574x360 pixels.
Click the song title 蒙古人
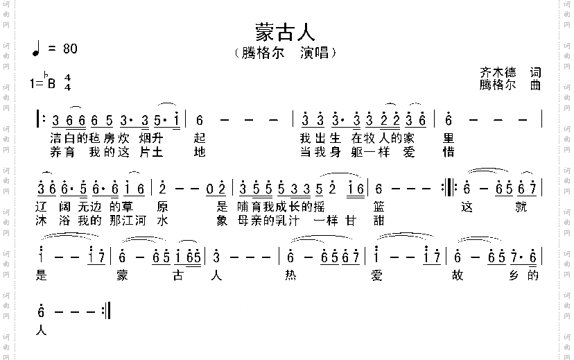286,32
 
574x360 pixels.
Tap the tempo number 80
70,49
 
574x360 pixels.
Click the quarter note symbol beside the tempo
36,49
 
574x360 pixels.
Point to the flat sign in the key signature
46,76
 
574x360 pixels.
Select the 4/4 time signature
68,82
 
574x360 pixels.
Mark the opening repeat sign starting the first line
39,119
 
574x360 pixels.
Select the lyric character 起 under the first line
200,137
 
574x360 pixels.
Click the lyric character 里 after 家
449,137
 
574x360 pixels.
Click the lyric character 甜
379,221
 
